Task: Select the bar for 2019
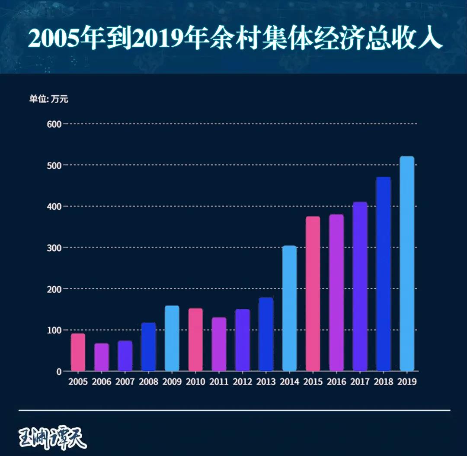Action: [407, 264]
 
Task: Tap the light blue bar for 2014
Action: [289, 308]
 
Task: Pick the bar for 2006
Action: [102, 357]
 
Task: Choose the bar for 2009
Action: [172, 338]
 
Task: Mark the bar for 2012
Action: [243, 340]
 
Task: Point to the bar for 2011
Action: [219, 344]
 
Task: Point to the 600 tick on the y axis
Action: [54, 124]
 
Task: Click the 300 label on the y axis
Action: [54, 248]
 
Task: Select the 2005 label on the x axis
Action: [78, 382]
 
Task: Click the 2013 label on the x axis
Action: [266, 382]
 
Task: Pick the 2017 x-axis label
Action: [360, 382]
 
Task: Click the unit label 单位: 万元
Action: [49, 99]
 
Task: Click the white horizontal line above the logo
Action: [234, 410]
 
